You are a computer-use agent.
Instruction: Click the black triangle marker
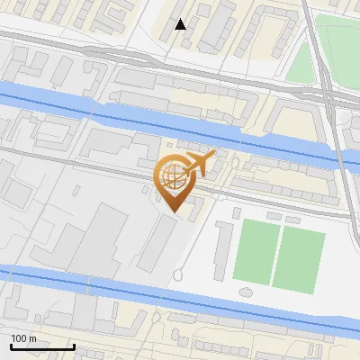coord(181,24)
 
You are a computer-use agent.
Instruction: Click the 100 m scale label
coord(23,337)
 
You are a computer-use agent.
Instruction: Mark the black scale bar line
coord(42,346)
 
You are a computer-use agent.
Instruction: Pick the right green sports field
coord(299,256)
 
